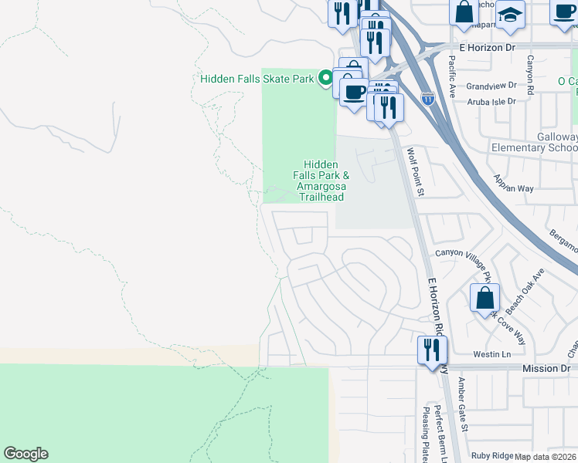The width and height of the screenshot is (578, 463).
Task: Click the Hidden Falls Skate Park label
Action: coord(257,79)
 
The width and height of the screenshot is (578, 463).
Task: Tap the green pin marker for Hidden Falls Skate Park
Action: coord(326,78)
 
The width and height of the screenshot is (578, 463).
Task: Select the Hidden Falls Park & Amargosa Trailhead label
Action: coord(321,181)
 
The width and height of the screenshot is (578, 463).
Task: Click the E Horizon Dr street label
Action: coord(486,48)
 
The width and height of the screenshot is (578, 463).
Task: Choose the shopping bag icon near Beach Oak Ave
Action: coord(484,299)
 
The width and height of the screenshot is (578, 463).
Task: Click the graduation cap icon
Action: coord(510,15)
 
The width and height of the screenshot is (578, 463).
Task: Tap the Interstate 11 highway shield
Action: coord(428,98)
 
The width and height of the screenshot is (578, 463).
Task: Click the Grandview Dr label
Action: coord(490,86)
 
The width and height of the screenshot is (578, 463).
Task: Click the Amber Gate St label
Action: coord(462,404)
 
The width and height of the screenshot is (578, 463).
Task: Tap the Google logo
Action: coord(25,454)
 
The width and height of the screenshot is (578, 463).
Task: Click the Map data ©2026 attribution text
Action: coord(546,457)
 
